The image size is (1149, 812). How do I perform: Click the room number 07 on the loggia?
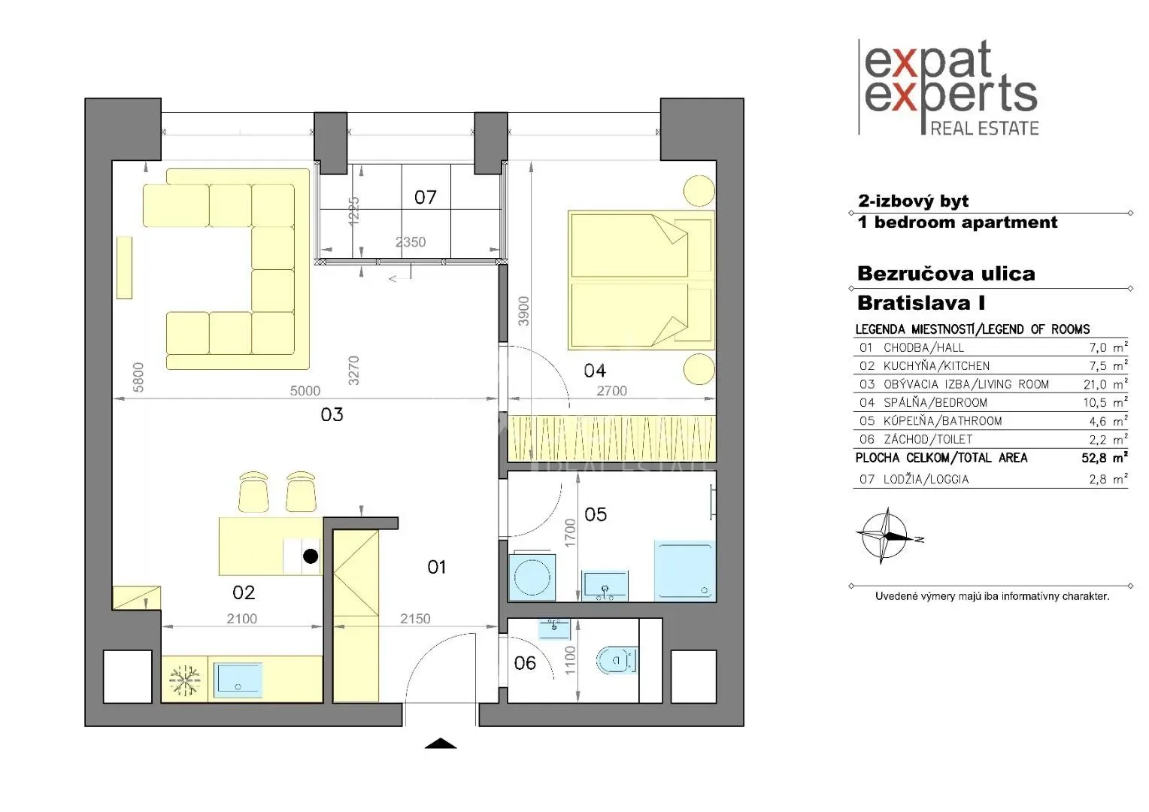coord(425,198)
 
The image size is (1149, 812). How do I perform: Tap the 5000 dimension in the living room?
coord(305,391)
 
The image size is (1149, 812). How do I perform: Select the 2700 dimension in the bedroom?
coord(611,391)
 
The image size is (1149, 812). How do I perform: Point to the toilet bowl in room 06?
coord(617,660)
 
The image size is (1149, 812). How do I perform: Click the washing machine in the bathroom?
coord(532,577)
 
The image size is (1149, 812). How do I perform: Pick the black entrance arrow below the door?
coord(441,744)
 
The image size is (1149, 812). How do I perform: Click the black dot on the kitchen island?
coord(311,556)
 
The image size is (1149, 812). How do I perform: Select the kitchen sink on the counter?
coord(238,679)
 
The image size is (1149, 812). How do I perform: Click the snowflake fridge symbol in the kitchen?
coord(184,680)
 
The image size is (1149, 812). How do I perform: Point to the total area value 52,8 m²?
coord(1105,458)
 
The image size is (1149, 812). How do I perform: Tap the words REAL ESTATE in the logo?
coord(984,129)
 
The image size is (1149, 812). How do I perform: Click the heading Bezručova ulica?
coord(946,274)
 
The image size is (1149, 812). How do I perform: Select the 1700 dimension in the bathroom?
coord(570,534)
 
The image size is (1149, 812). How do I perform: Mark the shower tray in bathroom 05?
coord(684,571)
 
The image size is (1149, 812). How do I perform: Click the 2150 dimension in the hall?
coord(415,619)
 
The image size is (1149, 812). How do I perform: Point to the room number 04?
coord(595,371)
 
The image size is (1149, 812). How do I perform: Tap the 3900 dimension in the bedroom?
coord(523,311)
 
